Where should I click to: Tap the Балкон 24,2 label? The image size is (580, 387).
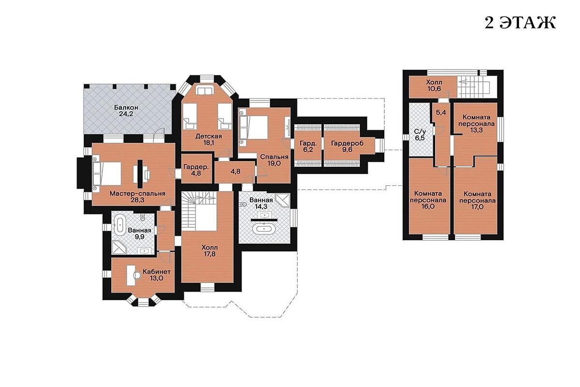click(x=126, y=111)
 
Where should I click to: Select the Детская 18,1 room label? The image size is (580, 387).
click(x=208, y=140)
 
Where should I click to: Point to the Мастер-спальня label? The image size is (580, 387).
click(x=137, y=193)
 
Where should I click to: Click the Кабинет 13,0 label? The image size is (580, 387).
click(x=157, y=275)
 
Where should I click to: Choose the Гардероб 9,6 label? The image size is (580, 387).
click(x=347, y=147)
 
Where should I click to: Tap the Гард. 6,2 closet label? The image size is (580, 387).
click(x=308, y=147)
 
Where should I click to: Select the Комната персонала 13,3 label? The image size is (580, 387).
click(x=477, y=124)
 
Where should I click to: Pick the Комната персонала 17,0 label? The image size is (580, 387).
click(x=477, y=200)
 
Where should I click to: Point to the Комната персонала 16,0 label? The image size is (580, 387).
click(x=428, y=200)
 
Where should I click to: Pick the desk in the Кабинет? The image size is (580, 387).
click(x=131, y=275)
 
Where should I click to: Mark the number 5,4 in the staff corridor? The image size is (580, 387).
click(x=441, y=113)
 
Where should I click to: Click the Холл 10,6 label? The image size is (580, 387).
click(x=434, y=86)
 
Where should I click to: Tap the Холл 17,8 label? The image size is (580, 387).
click(x=210, y=251)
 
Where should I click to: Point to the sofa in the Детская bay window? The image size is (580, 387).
click(x=204, y=90)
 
